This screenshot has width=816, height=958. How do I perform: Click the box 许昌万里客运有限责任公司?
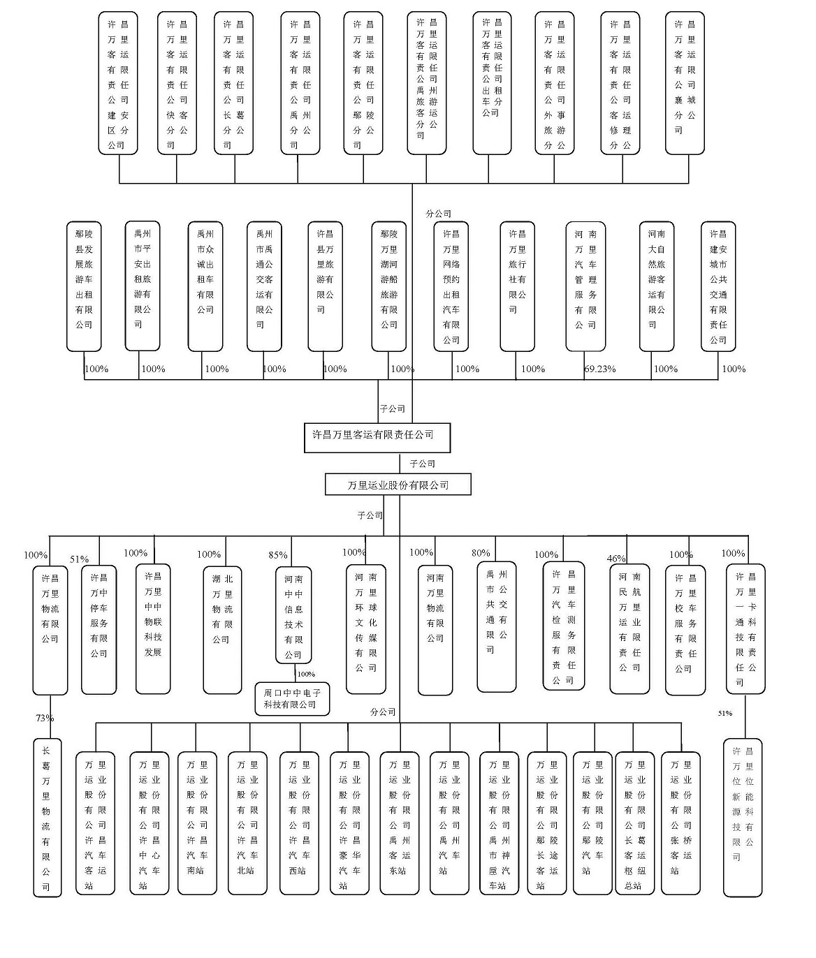[377, 438]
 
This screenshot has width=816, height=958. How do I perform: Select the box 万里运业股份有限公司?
[398, 485]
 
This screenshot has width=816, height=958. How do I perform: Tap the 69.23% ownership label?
[600, 369]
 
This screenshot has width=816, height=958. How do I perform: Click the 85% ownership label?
[278, 555]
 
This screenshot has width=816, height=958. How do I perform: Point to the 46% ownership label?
[616, 559]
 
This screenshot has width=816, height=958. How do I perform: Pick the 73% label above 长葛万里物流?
[45, 718]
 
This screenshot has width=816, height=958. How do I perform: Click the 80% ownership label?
[481, 553]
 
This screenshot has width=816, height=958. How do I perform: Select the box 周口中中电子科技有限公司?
[292, 699]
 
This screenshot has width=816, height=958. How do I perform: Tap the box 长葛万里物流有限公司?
[48, 818]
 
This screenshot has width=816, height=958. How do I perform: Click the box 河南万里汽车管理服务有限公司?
[585, 286]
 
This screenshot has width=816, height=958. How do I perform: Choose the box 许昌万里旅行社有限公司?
[518, 286]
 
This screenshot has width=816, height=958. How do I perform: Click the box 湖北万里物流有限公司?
[223, 630]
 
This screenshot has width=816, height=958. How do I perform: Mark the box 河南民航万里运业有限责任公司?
[629, 629]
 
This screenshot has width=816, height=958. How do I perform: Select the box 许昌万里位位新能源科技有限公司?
[743, 818]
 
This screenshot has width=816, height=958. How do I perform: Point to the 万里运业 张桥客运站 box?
[680, 823]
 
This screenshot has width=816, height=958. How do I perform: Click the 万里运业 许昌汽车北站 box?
[247, 823]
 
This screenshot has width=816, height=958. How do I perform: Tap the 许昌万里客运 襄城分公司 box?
[685, 83]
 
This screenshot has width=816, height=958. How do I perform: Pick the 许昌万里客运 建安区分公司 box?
[118, 83]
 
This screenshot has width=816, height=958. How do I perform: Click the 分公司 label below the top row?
[438, 214]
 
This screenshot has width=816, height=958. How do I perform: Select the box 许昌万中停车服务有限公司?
[99, 630]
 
